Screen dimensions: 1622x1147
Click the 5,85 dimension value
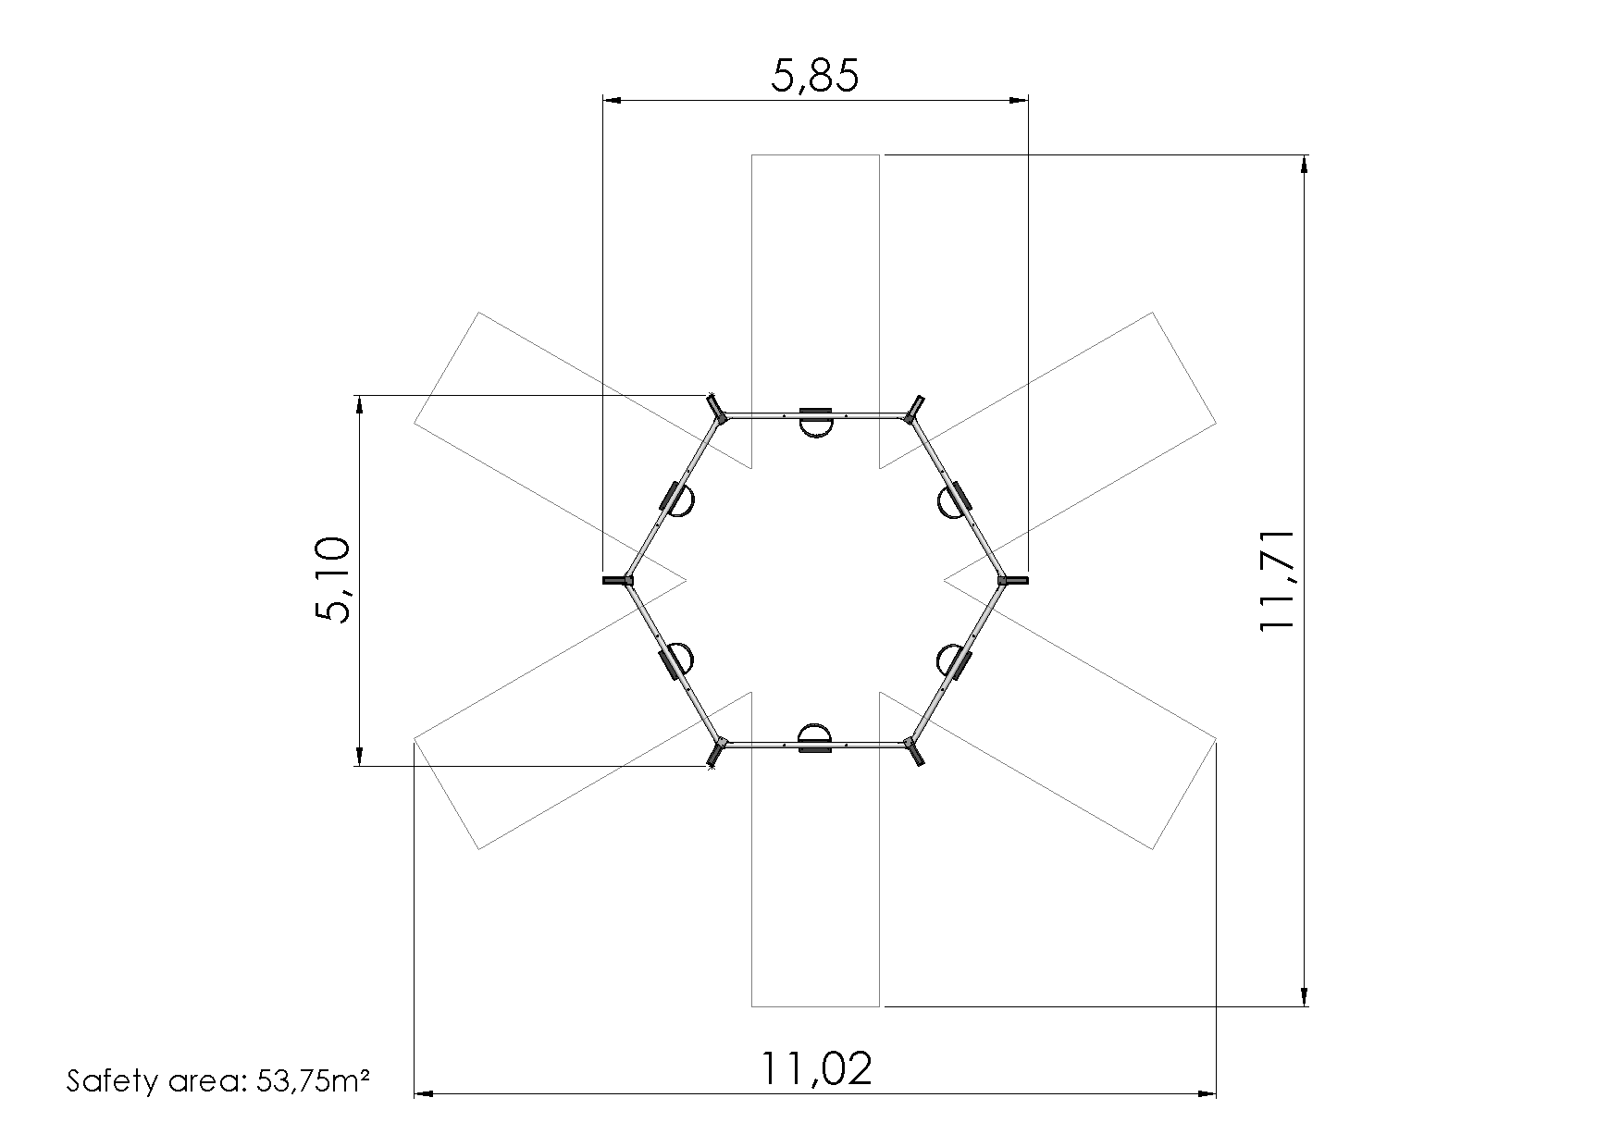tap(815, 76)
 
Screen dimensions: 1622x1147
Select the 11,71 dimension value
tap(1276, 581)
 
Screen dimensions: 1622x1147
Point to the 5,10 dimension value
tap(332, 580)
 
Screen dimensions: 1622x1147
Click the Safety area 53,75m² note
tap(218, 1080)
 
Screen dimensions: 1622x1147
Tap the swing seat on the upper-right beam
tap(954, 500)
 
